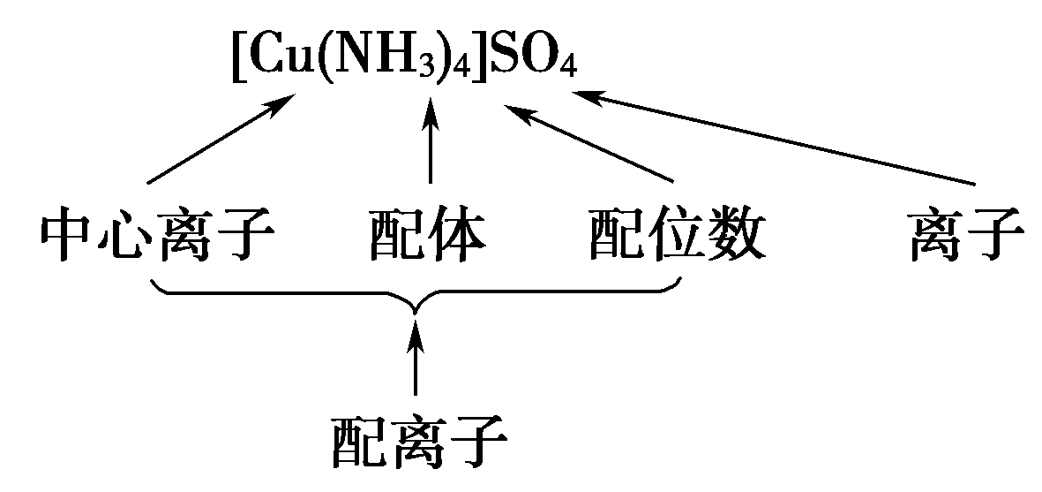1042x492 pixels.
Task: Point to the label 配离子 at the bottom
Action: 420,443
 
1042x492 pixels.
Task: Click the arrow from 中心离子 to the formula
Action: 221,140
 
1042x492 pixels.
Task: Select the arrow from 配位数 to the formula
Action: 592,146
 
